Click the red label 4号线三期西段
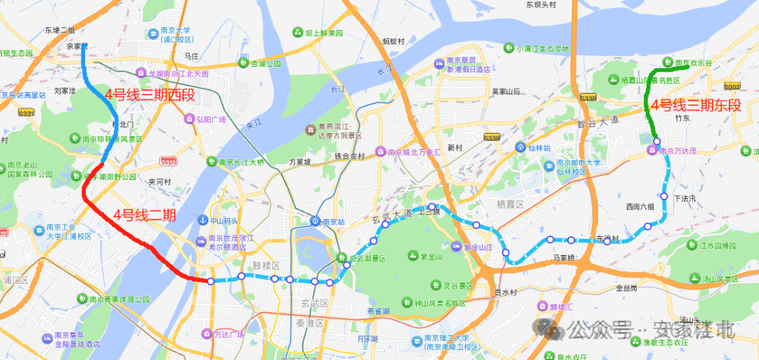[x=149, y=95]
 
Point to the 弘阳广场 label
[x=211, y=120]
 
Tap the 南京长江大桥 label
[x=241, y=162]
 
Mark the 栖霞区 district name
[x=511, y=204]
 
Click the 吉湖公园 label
[x=266, y=64]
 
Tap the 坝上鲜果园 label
[x=323, y=33]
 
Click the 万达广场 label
[x=231, y=334]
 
